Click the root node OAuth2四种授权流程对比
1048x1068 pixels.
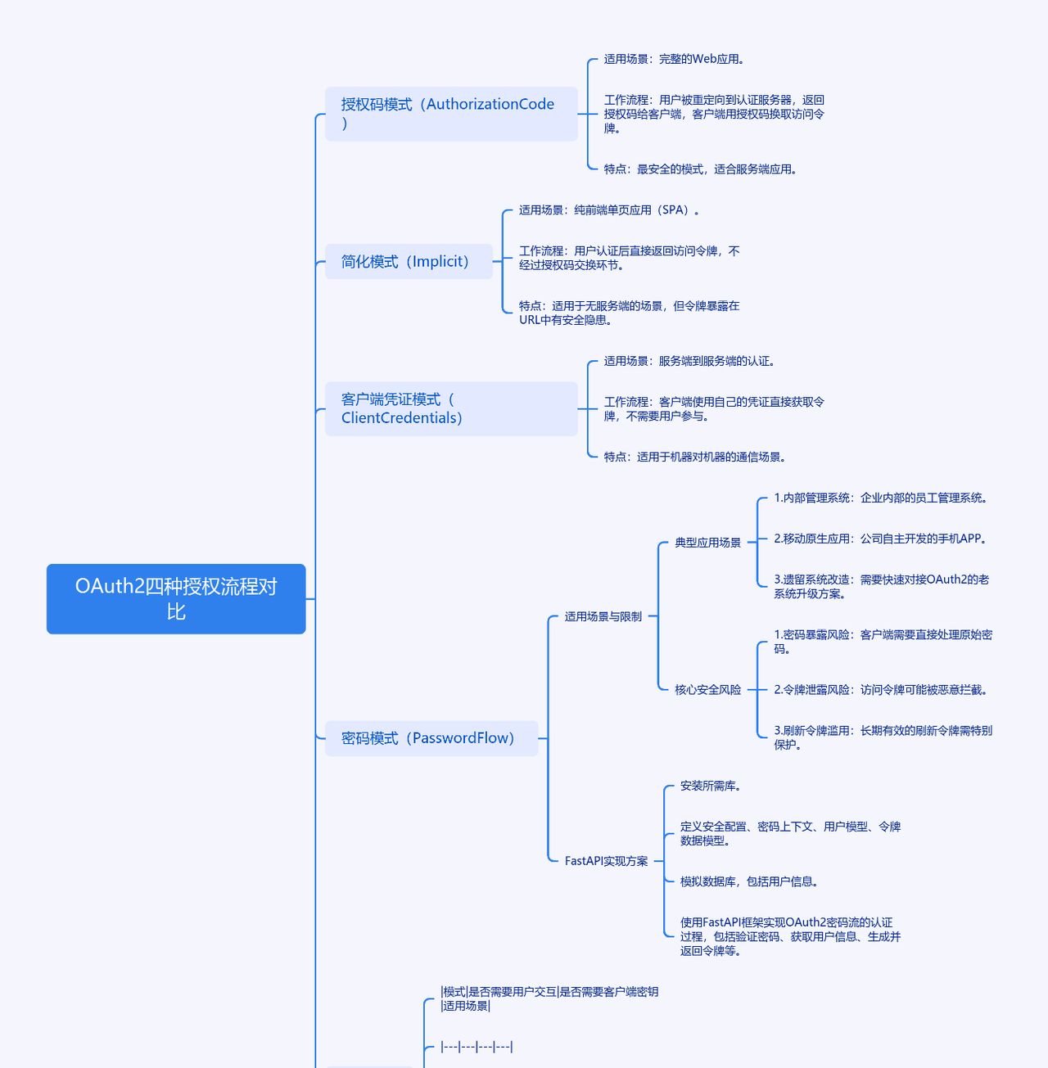[x=176, y=598]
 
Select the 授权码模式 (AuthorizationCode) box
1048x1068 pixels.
[x=451, y=114]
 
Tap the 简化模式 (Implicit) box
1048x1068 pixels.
[x=409, y=262]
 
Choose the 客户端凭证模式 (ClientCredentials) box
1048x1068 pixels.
[x=451, y=408]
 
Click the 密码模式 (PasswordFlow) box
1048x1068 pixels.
[x=431, y=738]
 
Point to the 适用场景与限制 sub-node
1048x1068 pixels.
[x=603, y=617]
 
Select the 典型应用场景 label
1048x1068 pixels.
[x=707, y=543]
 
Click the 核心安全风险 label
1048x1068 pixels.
[x=707, y=690]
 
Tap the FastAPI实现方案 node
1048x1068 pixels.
[x=606, y=861]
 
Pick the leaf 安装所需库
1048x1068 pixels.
[x=710, y=786]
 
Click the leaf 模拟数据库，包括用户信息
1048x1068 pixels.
[x=748, y=881]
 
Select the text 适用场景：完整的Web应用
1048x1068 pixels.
[x=674, y=59]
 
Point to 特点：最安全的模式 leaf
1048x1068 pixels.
[x=700, y=169]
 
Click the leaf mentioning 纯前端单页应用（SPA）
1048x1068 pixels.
[x=609, y=210]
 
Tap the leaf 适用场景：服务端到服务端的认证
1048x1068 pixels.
[x=689, y=361]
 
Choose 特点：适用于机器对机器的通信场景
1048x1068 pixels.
[x=694, y=457]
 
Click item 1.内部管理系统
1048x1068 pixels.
[x=880, y=498]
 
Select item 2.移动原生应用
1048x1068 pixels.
[x=880, y=539]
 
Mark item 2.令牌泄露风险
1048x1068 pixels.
[x=880, y=690]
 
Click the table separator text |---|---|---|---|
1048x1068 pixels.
[x=477, y=1047]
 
